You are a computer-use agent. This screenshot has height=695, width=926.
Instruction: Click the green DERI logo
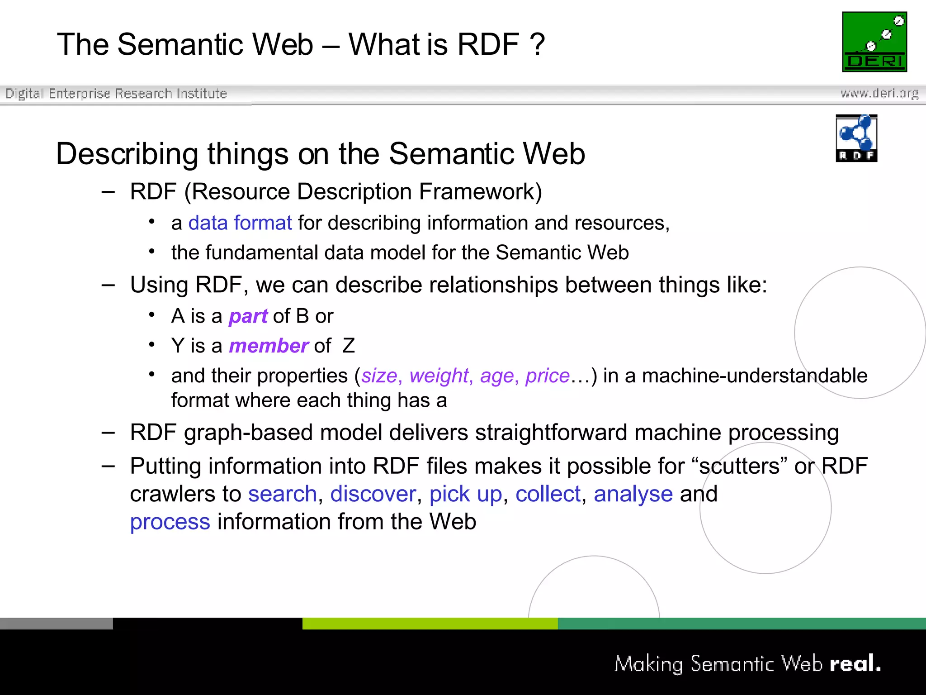[x=874, y=42]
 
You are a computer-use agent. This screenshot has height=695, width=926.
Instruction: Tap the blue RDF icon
[x=856, y=138]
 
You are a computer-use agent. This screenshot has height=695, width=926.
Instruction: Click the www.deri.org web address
[x=879, y=93]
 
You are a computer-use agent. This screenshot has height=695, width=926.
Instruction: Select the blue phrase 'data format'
[x=240, y=223]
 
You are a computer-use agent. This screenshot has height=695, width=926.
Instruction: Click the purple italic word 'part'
[x=248, y=316]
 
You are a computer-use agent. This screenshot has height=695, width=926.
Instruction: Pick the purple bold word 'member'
[x=269, y=346]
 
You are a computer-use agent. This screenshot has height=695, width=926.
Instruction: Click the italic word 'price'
[x=547, y=376]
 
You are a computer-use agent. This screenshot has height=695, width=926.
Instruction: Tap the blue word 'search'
[x=282, y=494]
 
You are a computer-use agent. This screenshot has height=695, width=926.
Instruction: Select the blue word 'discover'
[x=373, y=494]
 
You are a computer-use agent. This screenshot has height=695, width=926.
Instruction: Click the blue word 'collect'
[x=548, y=494]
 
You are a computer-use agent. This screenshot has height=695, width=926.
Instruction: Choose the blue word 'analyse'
[x=633, y=494]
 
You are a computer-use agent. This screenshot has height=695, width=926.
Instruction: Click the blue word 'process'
[x=170, y=522]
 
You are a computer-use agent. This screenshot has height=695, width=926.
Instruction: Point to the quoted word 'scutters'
[x=739, y=466]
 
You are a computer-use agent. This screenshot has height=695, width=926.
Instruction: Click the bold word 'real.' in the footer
[x=855, y=664]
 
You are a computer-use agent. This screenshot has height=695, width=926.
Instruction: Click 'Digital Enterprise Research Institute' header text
[x=116, y=94]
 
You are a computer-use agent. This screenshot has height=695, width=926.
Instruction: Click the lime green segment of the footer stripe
[x=430, y=624]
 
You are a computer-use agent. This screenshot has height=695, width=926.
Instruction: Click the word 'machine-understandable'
[x=754, y=376]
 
